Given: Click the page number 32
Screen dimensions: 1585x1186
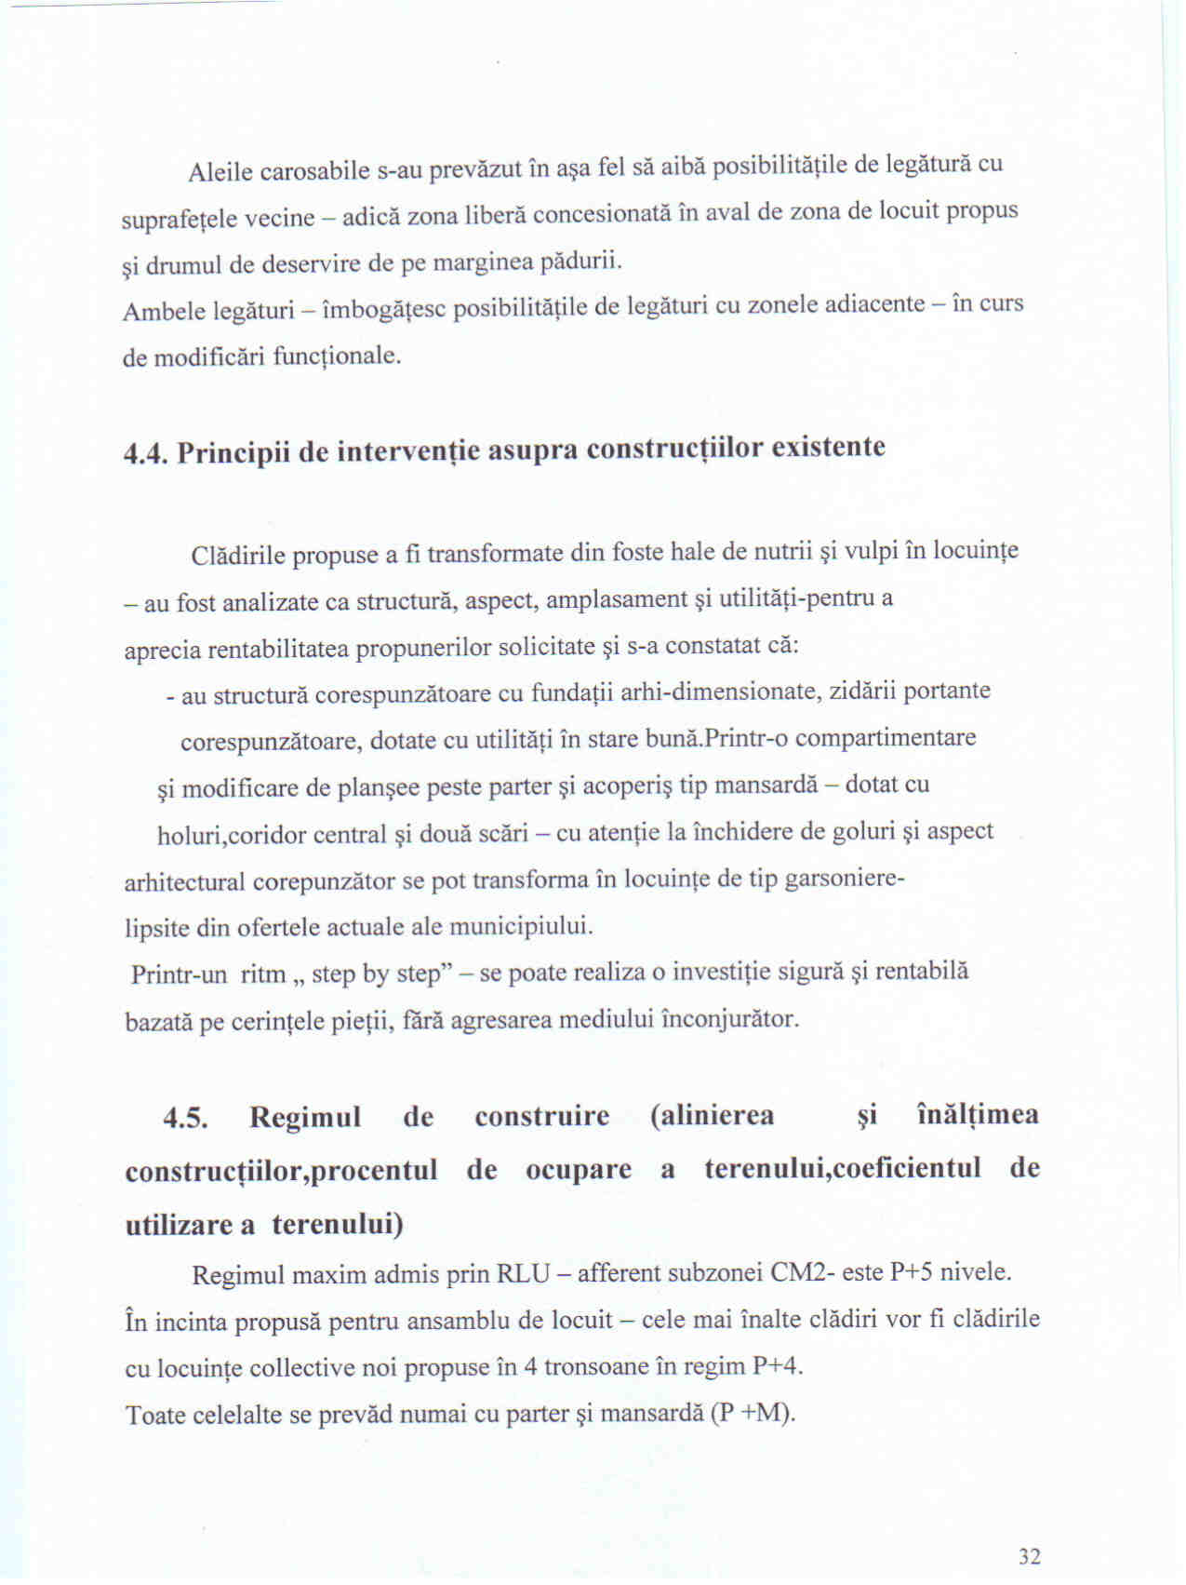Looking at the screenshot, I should pyautogui.click(x=1029, y=1556).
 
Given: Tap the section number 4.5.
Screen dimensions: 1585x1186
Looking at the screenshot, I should pyautogui.click(x=184, y=1117).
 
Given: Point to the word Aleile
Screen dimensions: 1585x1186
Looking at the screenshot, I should pyautogui.click(x=220, y=172).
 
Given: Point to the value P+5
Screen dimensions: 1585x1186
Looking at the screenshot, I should pyautogui.click(x=911, y=1271).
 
